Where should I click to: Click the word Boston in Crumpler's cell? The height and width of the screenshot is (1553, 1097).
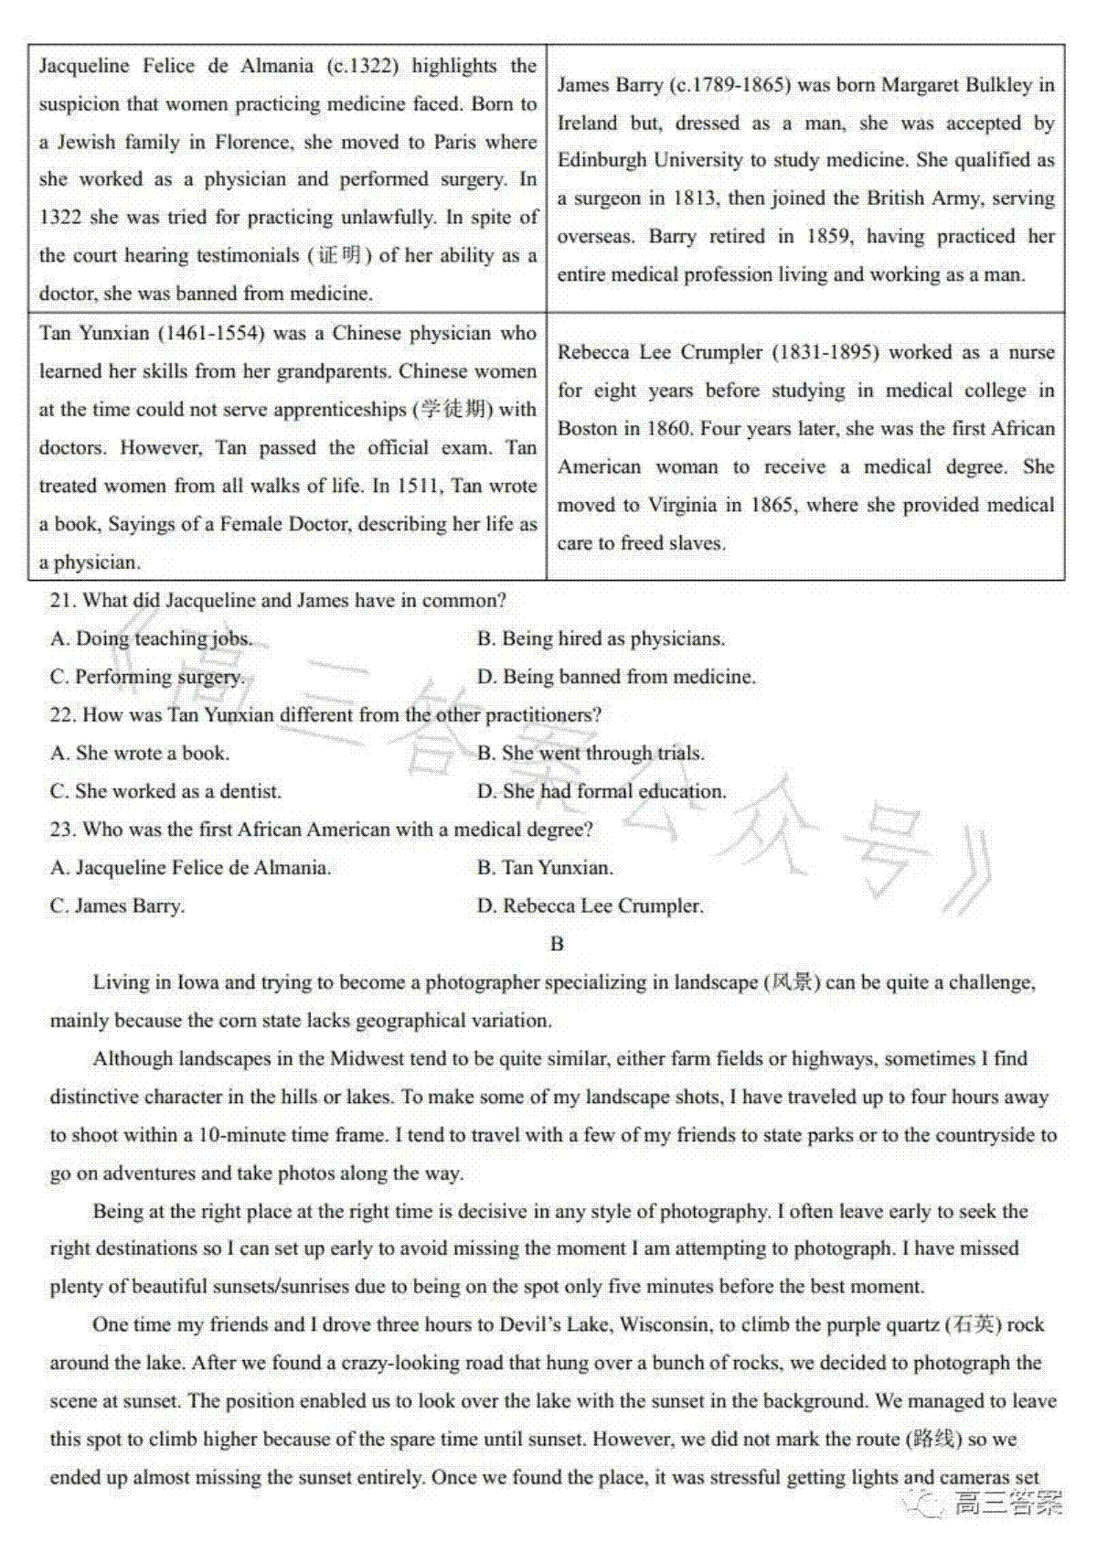(x=587, y=429)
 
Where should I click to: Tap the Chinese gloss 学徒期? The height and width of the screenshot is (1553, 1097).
(x=453, y=410)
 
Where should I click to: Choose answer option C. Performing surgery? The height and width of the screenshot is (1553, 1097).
(x=147, y=678)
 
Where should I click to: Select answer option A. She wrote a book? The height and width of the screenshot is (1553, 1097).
(x=140, y=754)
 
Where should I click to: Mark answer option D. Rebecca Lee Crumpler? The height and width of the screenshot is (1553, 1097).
(x=590, y=906)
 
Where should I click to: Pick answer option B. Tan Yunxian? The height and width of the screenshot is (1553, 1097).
(x=545, y=868)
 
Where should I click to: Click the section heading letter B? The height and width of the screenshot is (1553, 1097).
(x=558, y=944)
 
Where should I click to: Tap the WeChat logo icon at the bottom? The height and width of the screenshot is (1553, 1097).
(x=923, y=1502)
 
